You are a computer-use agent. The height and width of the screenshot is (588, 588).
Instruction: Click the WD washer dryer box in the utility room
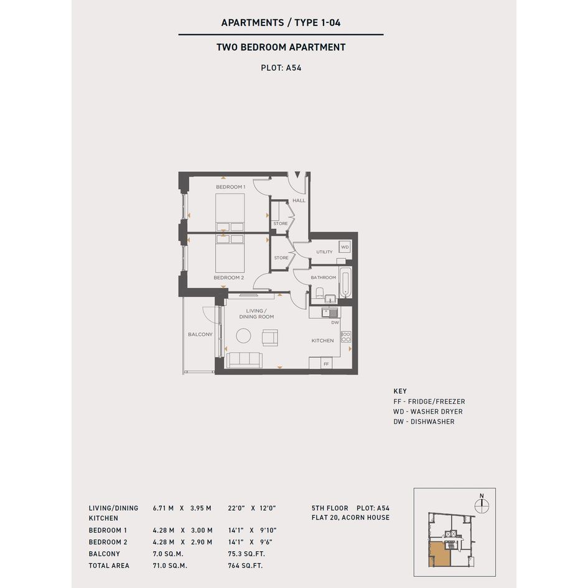tap(345, 247)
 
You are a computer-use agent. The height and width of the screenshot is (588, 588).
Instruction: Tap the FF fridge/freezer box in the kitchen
tap(326, 363)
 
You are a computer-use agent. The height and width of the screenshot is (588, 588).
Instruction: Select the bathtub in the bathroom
tap(345, 283)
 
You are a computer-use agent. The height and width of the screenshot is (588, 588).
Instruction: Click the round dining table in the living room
tap(243, 335)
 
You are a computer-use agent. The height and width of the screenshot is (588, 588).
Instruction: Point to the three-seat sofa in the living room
tap(245, 360)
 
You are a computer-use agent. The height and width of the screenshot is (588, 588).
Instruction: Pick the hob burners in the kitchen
tap(346, 337)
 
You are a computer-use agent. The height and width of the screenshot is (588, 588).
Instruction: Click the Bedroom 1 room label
tap(231, 187)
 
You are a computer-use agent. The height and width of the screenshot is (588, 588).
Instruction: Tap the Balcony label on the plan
tap(200, 334)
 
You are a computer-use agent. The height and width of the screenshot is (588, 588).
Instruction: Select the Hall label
tap(299, 200)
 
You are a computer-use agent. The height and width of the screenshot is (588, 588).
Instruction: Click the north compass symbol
tap(482, 505)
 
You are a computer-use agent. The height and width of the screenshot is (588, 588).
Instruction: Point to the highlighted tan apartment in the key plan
tap(439, 554)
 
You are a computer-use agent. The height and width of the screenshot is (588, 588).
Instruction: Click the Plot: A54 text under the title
tap(281, 68)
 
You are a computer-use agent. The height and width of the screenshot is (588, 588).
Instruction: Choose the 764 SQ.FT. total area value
tap(245, 566)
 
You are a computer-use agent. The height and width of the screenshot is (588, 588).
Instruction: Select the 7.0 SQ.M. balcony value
tap(168, 554)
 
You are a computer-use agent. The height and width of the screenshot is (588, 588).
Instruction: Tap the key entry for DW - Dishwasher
tap(424, 421)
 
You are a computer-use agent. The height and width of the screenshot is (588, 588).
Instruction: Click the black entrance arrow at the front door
tap(297, 175)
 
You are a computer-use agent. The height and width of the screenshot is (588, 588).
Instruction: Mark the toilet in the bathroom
tap(320, 292)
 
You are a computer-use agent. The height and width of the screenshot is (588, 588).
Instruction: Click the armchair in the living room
tap(270, 337)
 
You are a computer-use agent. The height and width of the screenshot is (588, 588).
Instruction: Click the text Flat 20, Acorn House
tap(351, 518)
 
